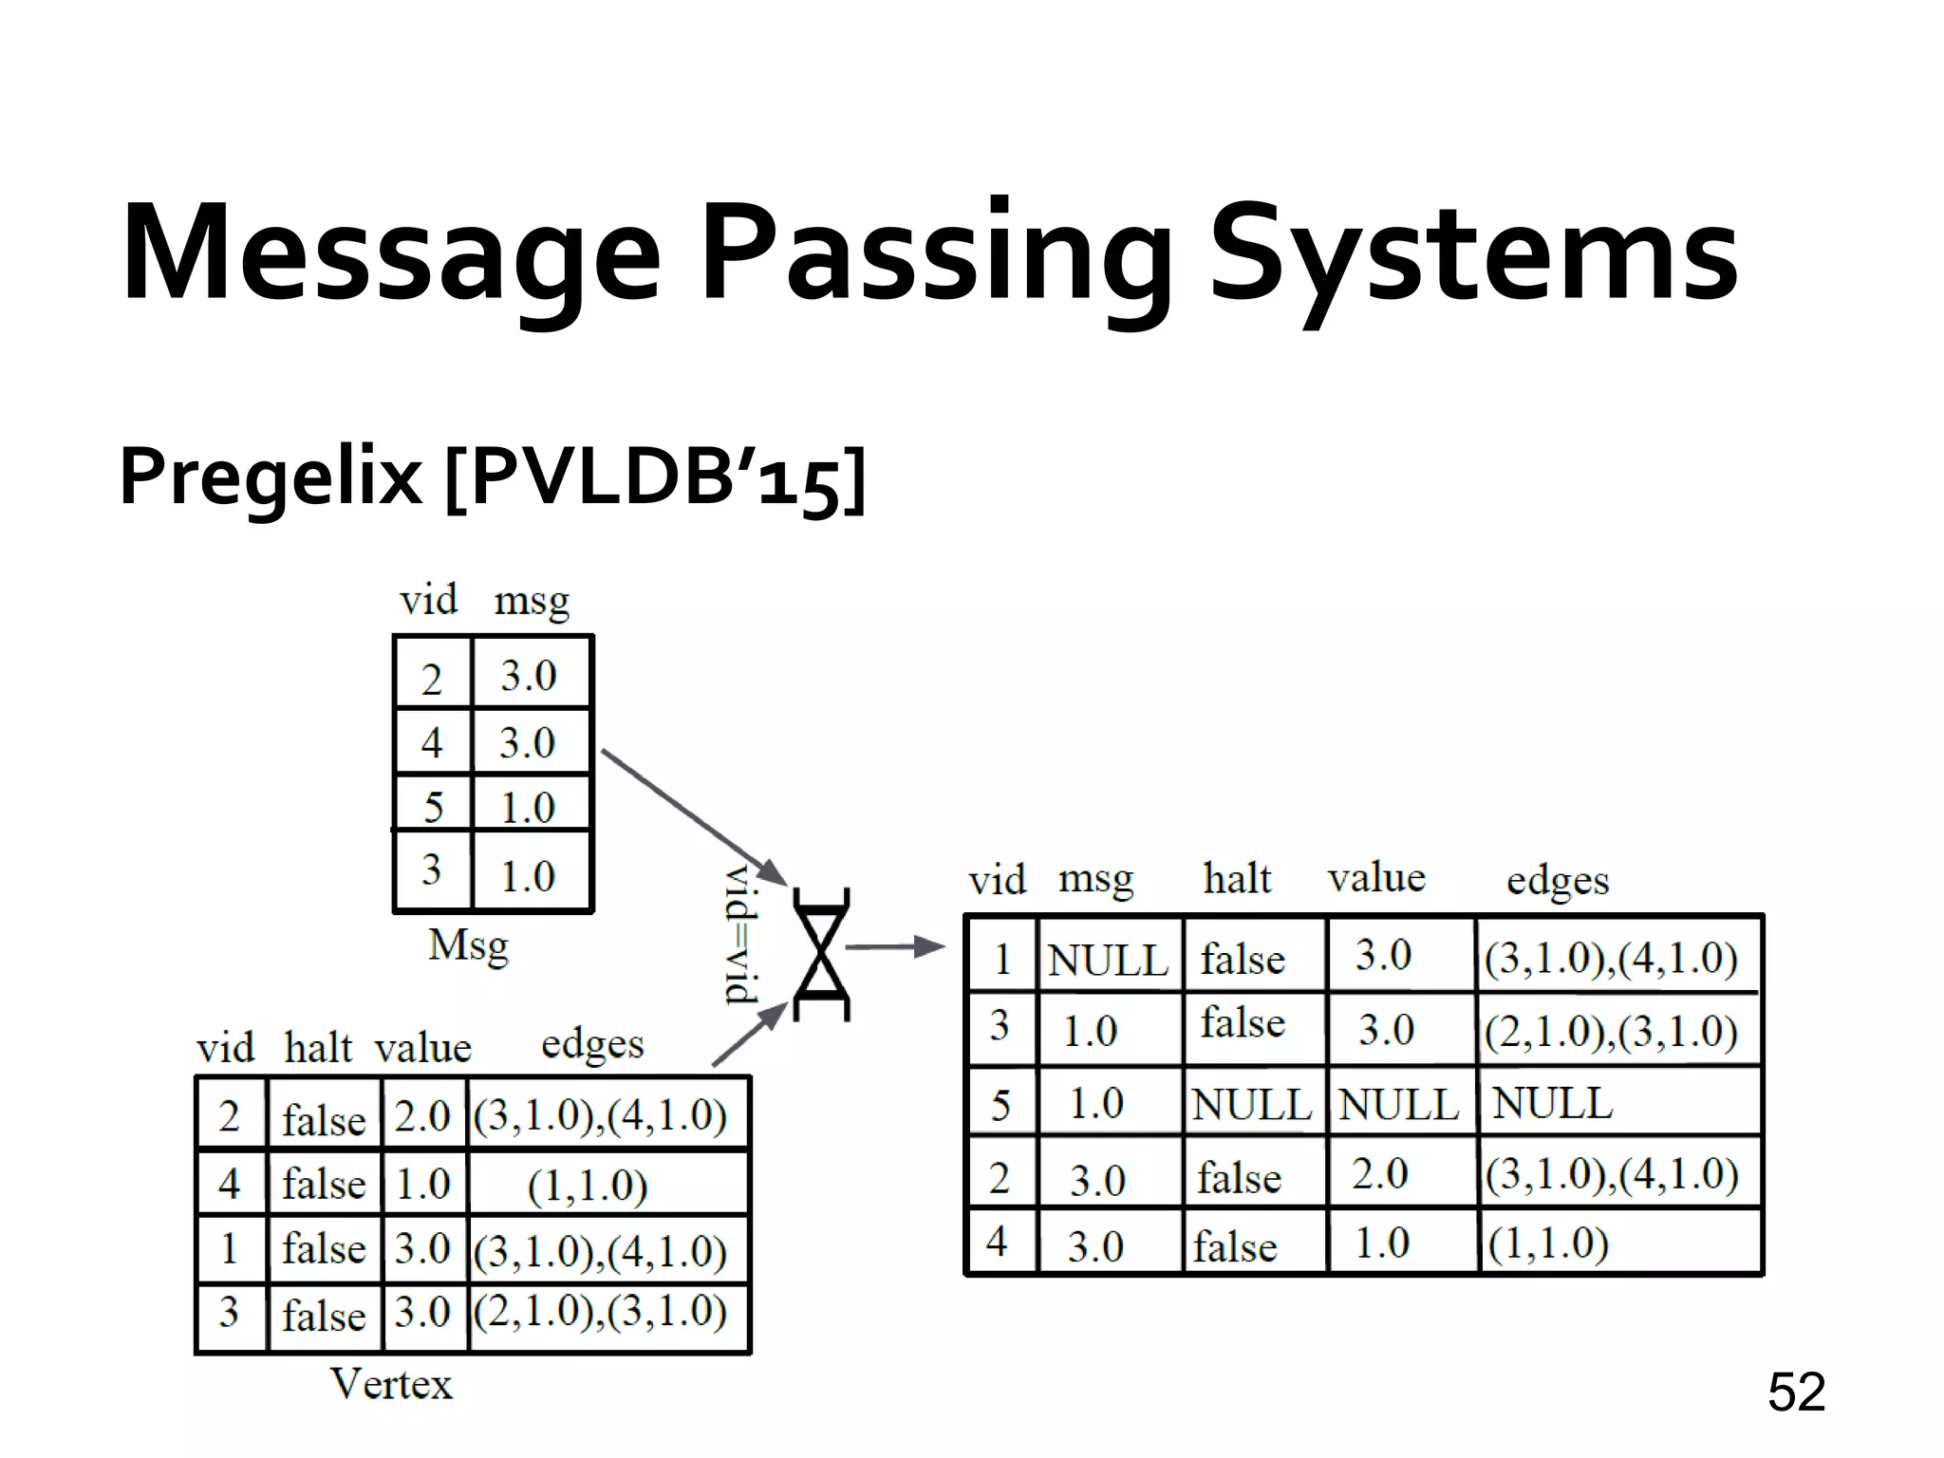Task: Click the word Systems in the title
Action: [x=1473, y=254]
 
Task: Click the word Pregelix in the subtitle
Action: [x=270, y=477]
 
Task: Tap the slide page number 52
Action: [x=1796, y=1393]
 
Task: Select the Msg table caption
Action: [x=468, y=946]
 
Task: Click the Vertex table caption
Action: [x=391, y=1384]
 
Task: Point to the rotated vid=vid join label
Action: [x=741, y=935]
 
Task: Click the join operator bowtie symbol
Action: [x=820, y=954]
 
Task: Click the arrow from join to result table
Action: [x=893, y=946]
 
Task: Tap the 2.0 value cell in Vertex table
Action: [x=422, y=1116]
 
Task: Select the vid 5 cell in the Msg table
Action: [x=433, y=807]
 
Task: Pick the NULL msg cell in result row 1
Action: [x=1108, y=960]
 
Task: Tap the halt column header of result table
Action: [x=1237, y=879]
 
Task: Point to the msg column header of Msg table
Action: [x=532, y=601]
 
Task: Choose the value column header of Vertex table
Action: [x=422, y=1048]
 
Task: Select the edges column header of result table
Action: [x=1558, y=881]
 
